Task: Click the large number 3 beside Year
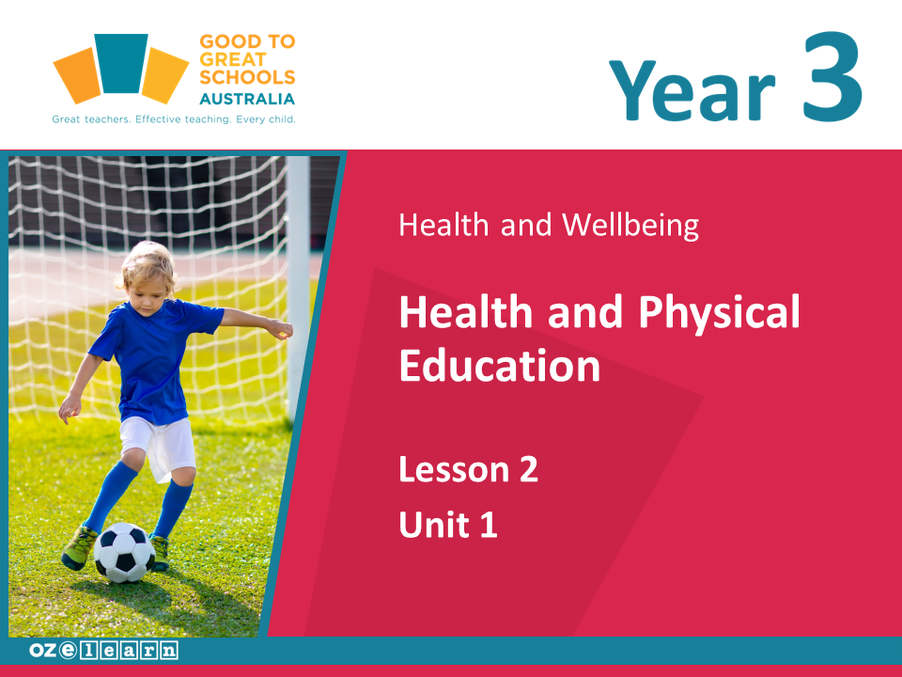click(x=832, y=76)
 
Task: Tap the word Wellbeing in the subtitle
click(x=630, y=225)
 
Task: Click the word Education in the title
click(x=500, y=365)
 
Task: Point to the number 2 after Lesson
click(x=529, y=469)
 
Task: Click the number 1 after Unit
click(x=489, y=525)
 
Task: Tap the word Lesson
click(x=455, y=469)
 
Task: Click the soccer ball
click(x=124, y=552)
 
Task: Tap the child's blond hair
click(x=148, y=266)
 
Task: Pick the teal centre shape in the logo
click(x=121, y=63)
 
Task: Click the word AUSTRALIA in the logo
click(x=247, y=99)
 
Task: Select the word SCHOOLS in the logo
click(x=247, y=77)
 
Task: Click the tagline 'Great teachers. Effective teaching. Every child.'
click(x=174, y=119)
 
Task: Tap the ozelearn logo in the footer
click(x=103, y=651)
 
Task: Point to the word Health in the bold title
click(x=467, y=311)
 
